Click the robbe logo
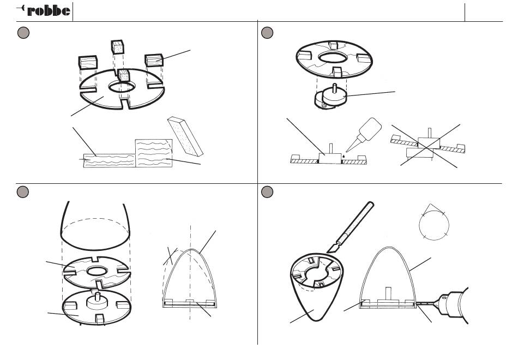tap(43, 10)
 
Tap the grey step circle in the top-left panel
tap(23, 32)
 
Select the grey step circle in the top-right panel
tap(267, 32)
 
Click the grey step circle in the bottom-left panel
tap(23, 192)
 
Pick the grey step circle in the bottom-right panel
tap(267, 192)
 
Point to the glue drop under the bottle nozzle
tap(344, 155)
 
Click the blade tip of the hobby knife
tap(328, 252)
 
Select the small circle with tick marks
tap(434, 225)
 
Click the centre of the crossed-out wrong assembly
tap(429, 146)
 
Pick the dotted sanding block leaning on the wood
tap(185, 136)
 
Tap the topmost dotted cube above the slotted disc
tap(117, 46)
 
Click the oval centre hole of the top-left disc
tap(122, 87)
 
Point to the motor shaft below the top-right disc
tap(335, 88)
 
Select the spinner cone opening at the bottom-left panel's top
tap(95, 233)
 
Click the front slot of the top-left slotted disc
tap(125, 104)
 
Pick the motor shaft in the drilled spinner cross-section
tap(388, 293)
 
